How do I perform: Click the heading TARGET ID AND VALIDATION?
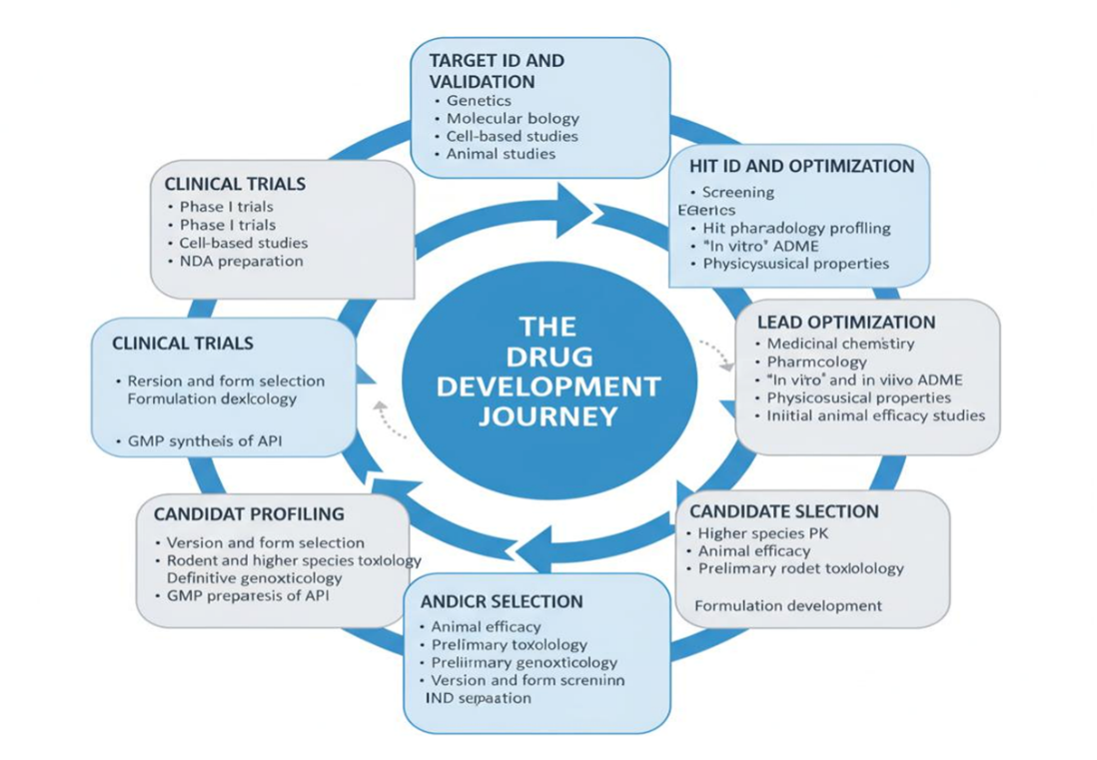click(x=497, y=71)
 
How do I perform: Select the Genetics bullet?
click(x=479, y=100)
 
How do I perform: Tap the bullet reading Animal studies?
click(x=501, y=154)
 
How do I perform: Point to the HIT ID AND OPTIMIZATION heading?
click(x=802, y=166)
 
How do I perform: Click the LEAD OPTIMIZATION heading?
click(x=846, y=323)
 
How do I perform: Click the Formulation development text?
click(x=787, y=605)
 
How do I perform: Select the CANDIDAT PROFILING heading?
click(x=249, y=513)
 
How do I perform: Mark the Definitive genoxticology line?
click(x=254, y=577)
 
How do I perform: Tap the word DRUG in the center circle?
click(x=548, y=356)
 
